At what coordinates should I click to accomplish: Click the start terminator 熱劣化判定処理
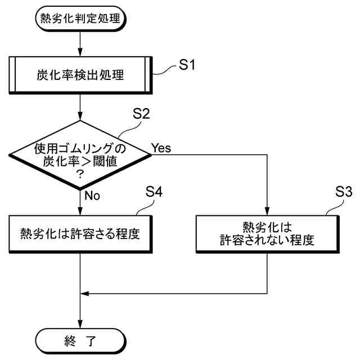(81, 18)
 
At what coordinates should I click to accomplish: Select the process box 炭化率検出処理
(81, 75)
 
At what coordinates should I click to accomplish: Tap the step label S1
(187, 65)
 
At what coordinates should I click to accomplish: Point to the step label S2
(141, 114)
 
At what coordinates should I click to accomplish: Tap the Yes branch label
(161, 148)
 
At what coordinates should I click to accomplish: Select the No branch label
(92, 196)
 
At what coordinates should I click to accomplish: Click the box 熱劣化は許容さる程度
(81, 232)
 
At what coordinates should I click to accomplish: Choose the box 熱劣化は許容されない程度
(266, 233)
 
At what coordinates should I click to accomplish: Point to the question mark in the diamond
(80, 174)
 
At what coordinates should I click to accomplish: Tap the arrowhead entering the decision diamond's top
(81, 116)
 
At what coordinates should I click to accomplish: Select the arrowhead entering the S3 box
(266, 211)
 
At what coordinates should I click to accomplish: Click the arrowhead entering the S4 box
(81, 211)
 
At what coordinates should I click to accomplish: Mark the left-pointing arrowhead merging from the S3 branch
(85, 293)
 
